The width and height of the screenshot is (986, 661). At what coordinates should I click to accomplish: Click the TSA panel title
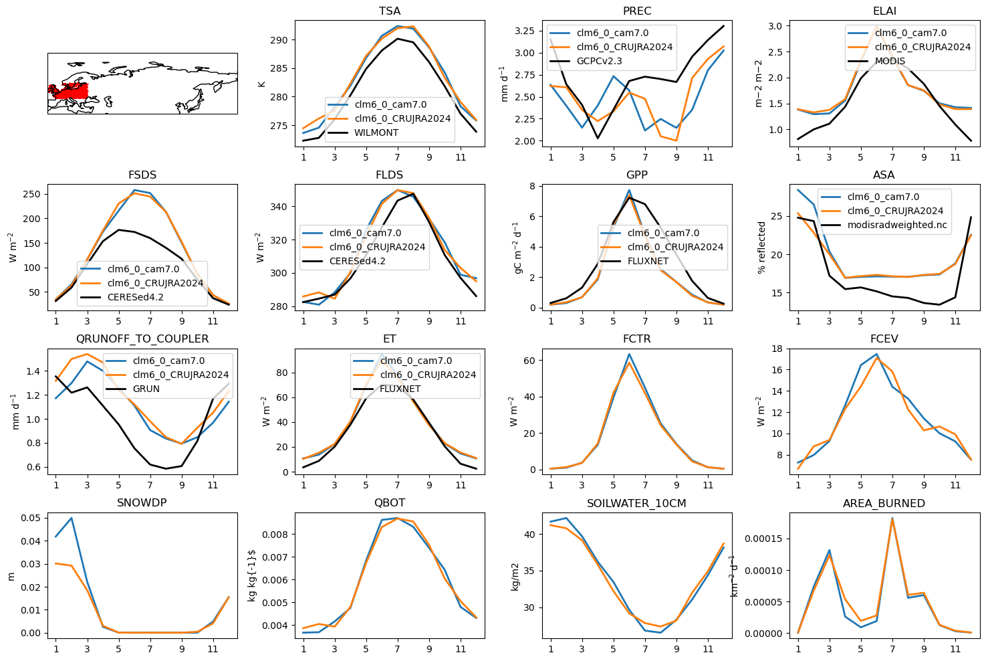390,11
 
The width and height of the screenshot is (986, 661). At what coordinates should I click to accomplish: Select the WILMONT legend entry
376,132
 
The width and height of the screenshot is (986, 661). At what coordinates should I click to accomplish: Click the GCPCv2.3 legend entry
599,61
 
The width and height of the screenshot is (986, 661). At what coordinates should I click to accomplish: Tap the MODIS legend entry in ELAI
890,61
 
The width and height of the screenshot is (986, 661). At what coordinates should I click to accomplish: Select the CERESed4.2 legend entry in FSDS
135,297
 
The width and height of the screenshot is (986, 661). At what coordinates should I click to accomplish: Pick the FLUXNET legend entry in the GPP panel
648,261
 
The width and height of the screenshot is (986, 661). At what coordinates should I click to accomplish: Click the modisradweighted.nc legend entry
897,225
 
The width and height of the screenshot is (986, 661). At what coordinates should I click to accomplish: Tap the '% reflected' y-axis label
761,248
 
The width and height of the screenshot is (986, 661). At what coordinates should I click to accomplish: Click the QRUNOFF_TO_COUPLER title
142,339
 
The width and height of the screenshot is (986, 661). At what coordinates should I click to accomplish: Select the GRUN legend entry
146,389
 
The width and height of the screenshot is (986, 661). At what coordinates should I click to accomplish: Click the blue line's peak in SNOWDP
72,518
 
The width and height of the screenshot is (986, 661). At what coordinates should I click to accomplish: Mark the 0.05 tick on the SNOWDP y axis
31,518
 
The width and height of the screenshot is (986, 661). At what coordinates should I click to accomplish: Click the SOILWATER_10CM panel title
636,503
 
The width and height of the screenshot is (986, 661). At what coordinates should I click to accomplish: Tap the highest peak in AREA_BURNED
892,518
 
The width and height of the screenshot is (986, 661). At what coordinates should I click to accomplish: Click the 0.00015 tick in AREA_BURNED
763,539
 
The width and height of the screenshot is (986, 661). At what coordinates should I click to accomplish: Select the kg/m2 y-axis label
515,577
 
